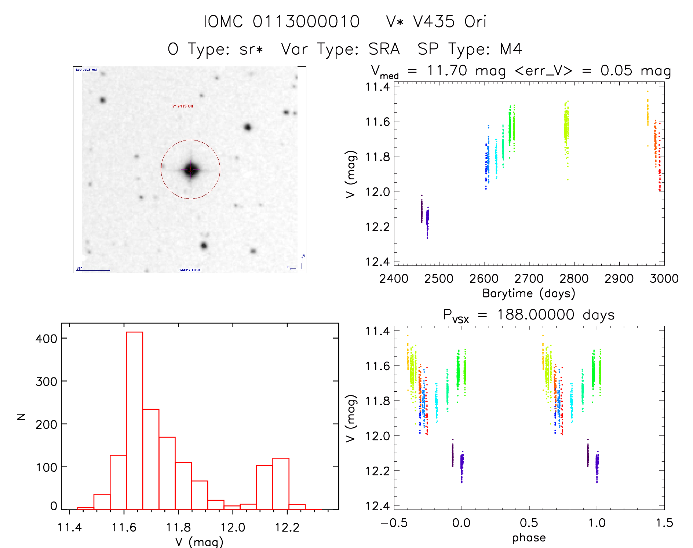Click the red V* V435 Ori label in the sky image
tap(183, 106)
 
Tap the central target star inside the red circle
tap(190, 169)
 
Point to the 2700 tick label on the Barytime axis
tap(529, 279)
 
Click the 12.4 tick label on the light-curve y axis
tap(377, 262)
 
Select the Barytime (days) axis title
tap(529, 293)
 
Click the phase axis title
tap(529, 538)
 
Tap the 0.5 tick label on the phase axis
tap(529, 523)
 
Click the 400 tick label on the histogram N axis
tap(46, 339)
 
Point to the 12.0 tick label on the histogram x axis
tap(233, 527)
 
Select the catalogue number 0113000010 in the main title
tap(306, 22)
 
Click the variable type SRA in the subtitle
tap(384, 49)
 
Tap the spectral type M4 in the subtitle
tap(511, 49)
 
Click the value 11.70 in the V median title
tap(447, 70)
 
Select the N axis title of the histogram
tap(21, 416)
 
